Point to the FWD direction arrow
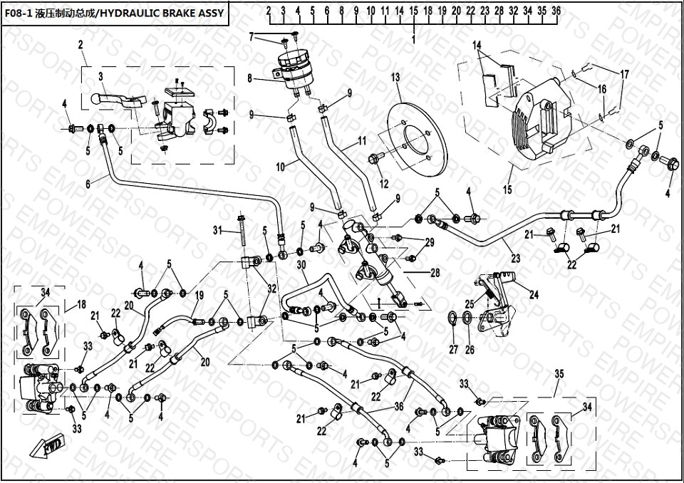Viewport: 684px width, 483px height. [46, 447]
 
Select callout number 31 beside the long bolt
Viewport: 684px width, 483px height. [218, 229]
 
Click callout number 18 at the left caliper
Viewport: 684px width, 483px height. [81, 303]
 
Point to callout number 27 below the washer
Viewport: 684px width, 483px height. [453, 349]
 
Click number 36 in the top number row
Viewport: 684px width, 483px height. [556, 11]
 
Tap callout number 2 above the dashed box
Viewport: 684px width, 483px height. [81, 44]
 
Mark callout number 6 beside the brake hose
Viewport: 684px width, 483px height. [88, 183]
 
